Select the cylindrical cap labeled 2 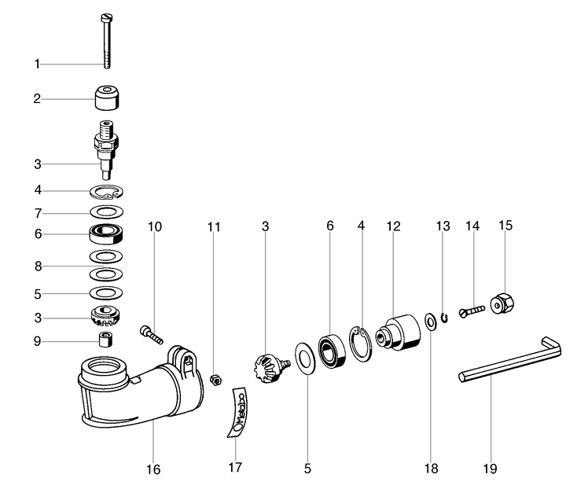pos(107,99)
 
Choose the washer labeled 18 pos(431,321)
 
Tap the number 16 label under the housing pos(153,469)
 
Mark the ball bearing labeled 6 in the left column pos(107,233)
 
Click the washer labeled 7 pos(107,212)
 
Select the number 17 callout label pos(235,467)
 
